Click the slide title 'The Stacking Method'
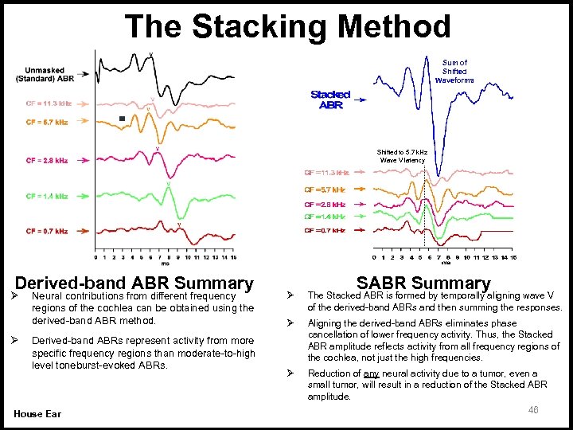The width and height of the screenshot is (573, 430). [x=287, y=26]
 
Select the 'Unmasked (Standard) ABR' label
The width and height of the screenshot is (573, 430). [x=45, y=74]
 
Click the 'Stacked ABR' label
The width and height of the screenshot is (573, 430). [x=329, y=100]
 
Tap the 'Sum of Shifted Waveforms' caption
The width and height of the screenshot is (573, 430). [x=454, y=71]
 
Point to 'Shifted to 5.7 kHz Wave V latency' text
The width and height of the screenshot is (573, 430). [x=402, y=155]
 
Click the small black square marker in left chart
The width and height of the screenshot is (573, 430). [x=122, y=119]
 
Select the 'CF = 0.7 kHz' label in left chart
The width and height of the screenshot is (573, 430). [x=46, y=231]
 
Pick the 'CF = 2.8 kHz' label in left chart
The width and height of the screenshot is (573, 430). [x=46, y=160]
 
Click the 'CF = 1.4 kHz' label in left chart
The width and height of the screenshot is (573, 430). [x=46, y=196]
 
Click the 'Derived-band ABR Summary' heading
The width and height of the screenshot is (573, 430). [x=134, y=283]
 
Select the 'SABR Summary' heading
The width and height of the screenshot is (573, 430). [x=423, y=283]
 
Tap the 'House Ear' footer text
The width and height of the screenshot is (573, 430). [x=38, y=412]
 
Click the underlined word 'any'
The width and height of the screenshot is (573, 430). [x=371, y=373]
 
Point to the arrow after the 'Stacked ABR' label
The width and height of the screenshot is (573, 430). [x=360, y=101]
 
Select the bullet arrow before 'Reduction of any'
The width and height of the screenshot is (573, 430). [x=290, y=373]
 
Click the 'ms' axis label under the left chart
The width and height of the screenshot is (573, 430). [x=165, y=264]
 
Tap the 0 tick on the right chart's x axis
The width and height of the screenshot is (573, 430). [x=375, y=257]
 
